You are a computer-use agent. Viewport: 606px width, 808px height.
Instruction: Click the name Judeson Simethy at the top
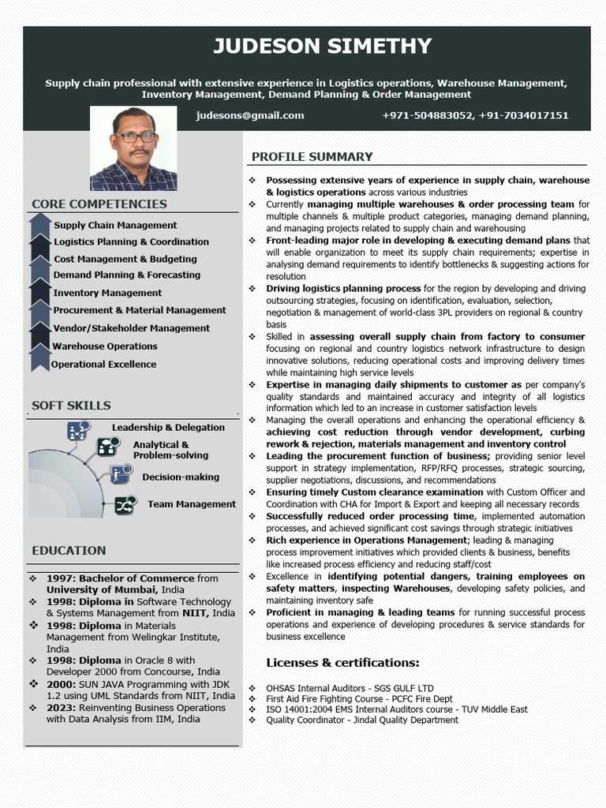click(x=322, y=46)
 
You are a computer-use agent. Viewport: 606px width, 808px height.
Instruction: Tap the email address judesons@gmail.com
click(x=250, y=115)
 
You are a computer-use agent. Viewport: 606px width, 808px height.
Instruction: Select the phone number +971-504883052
click(x=427, y=115)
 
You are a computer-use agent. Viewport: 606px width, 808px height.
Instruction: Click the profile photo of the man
click(x=133, y=149)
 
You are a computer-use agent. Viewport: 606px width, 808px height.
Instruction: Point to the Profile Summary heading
click(x=312, y=157)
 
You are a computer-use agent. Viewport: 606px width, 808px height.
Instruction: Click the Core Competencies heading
click(x=99, y=204)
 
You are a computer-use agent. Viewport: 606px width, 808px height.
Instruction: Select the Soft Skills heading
click(x=71, y=406)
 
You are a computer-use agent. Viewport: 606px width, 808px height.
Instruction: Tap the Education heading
click(x=69, y=551)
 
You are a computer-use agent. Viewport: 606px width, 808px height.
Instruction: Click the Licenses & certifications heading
click(x=342, y=662)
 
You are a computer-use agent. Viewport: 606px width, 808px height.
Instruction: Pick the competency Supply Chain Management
click(x=115, y=226)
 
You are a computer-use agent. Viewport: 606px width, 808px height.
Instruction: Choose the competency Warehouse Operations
click(x=105, y=346)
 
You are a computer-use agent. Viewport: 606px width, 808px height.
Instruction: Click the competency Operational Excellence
click(x=104, y=365)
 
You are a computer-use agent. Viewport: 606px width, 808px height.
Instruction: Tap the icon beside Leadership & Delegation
click(x=77, y=431)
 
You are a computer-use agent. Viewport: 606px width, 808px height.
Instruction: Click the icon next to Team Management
click(x=125, y=505)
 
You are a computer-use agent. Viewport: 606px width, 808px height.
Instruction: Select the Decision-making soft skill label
click(x=181, y=477)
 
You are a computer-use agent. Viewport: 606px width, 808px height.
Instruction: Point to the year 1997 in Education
click(x=60, y=578)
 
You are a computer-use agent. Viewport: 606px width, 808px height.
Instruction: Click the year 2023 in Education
click(x=60, y=708)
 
